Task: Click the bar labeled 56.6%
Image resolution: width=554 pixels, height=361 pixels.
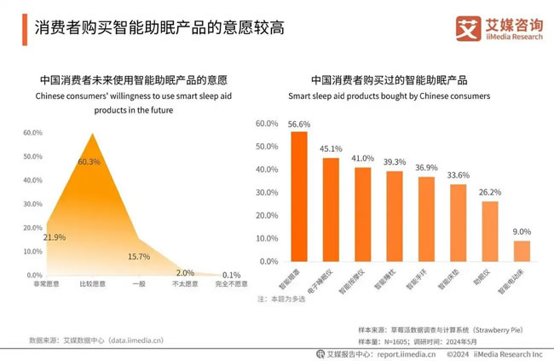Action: coord(299,196)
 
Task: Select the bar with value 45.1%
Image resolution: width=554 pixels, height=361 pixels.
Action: coord(331,210)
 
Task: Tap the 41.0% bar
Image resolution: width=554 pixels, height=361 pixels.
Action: coord(363,214)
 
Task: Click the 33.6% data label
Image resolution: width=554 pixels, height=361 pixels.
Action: coord(459,176)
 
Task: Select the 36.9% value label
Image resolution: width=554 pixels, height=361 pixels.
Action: coord(427,168)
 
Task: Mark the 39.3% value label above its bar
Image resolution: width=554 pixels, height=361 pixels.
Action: coord(395,162)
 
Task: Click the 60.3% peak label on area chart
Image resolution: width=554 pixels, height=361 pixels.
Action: coord(89,162)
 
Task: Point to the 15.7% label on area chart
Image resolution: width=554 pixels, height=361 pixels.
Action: coord(138,256)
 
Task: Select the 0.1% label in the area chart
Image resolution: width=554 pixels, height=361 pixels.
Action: coord(231,275)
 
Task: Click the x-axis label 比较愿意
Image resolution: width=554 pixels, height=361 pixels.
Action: coord(92,283)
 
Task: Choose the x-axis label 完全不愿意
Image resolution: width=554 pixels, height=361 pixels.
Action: coord(230,283)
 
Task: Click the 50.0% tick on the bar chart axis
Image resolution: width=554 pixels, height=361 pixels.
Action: coord(267,147)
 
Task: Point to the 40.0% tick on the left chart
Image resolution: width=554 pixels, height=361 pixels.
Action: coord(33,180)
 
